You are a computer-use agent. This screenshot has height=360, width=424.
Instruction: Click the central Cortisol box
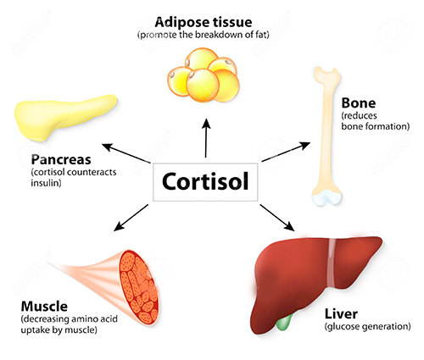click(205, 182)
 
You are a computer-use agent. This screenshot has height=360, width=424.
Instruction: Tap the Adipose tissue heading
click(204, 22)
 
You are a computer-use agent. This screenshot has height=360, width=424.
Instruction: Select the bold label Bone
click(359, 103)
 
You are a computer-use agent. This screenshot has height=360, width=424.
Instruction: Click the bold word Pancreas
click(61, 159)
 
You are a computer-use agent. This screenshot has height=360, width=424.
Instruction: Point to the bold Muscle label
click(44, 307)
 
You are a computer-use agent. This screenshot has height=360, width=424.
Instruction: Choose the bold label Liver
click(341, 313)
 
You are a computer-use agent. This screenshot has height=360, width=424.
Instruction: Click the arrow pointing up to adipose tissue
click(206, 138)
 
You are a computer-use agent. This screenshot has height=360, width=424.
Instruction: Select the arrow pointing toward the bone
click(286, 152)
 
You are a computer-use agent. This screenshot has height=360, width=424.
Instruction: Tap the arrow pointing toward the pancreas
click(126, 153)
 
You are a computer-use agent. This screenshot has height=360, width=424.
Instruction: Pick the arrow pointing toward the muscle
click(131, 218)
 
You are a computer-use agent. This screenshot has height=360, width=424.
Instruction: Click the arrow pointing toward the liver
click(277, 218)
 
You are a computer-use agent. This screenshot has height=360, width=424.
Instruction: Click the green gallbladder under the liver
click(283, 323)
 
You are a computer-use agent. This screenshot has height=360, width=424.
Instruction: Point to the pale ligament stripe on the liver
click(332, 263)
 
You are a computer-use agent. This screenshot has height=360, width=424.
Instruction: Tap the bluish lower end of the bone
click(326, 197)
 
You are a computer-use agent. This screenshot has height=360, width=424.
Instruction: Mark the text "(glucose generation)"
click(367, 327)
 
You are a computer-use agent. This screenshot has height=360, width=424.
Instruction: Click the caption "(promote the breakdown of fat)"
click(204, 35)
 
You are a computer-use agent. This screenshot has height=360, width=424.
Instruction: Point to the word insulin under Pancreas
click(46, 183)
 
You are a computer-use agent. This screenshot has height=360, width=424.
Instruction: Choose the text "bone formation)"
click(376, 126)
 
